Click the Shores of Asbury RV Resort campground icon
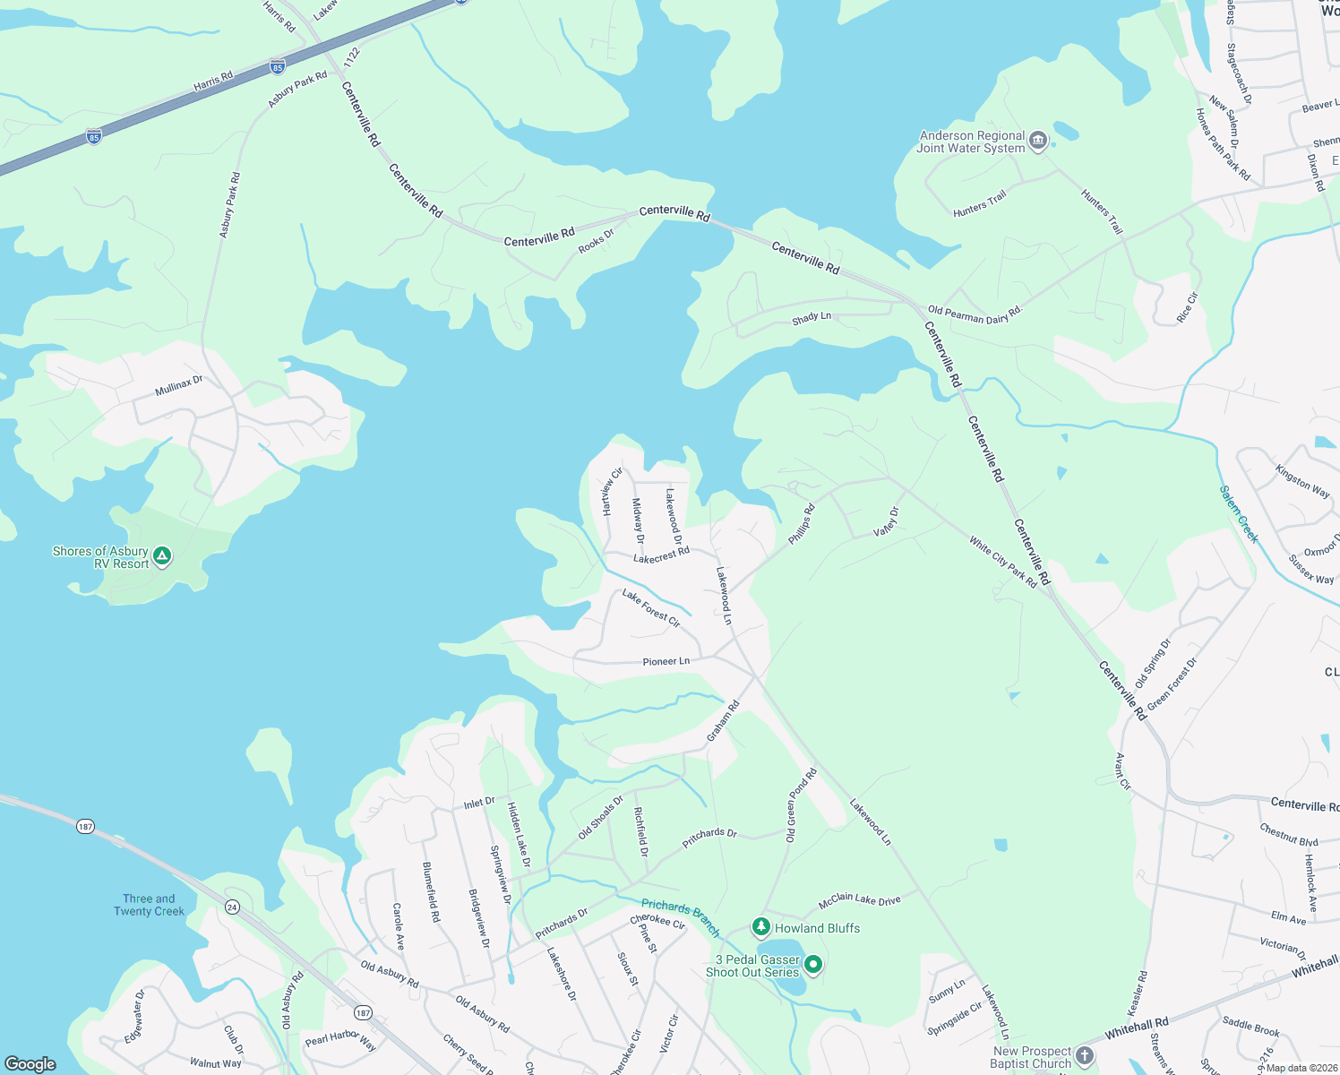click(162, 556)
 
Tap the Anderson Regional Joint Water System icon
click(1038, 141)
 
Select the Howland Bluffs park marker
click(761, 926)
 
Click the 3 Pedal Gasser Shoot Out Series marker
click(813, 965)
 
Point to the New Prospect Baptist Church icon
click(1084, 1056)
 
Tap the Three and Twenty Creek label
click(149, 905)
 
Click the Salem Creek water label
click(1239, 514)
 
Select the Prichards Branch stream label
click(680, 917)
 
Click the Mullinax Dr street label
click(179, 386)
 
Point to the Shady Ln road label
click(812, 318)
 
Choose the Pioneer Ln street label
click(666, 661)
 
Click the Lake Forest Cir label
click(651, 608)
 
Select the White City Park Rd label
click(1002, 562)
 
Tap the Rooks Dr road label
click(597, 241)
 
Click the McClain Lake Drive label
click(859, 899)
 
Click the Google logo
click(30, 1064)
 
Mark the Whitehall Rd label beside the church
click(1136, 1028)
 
